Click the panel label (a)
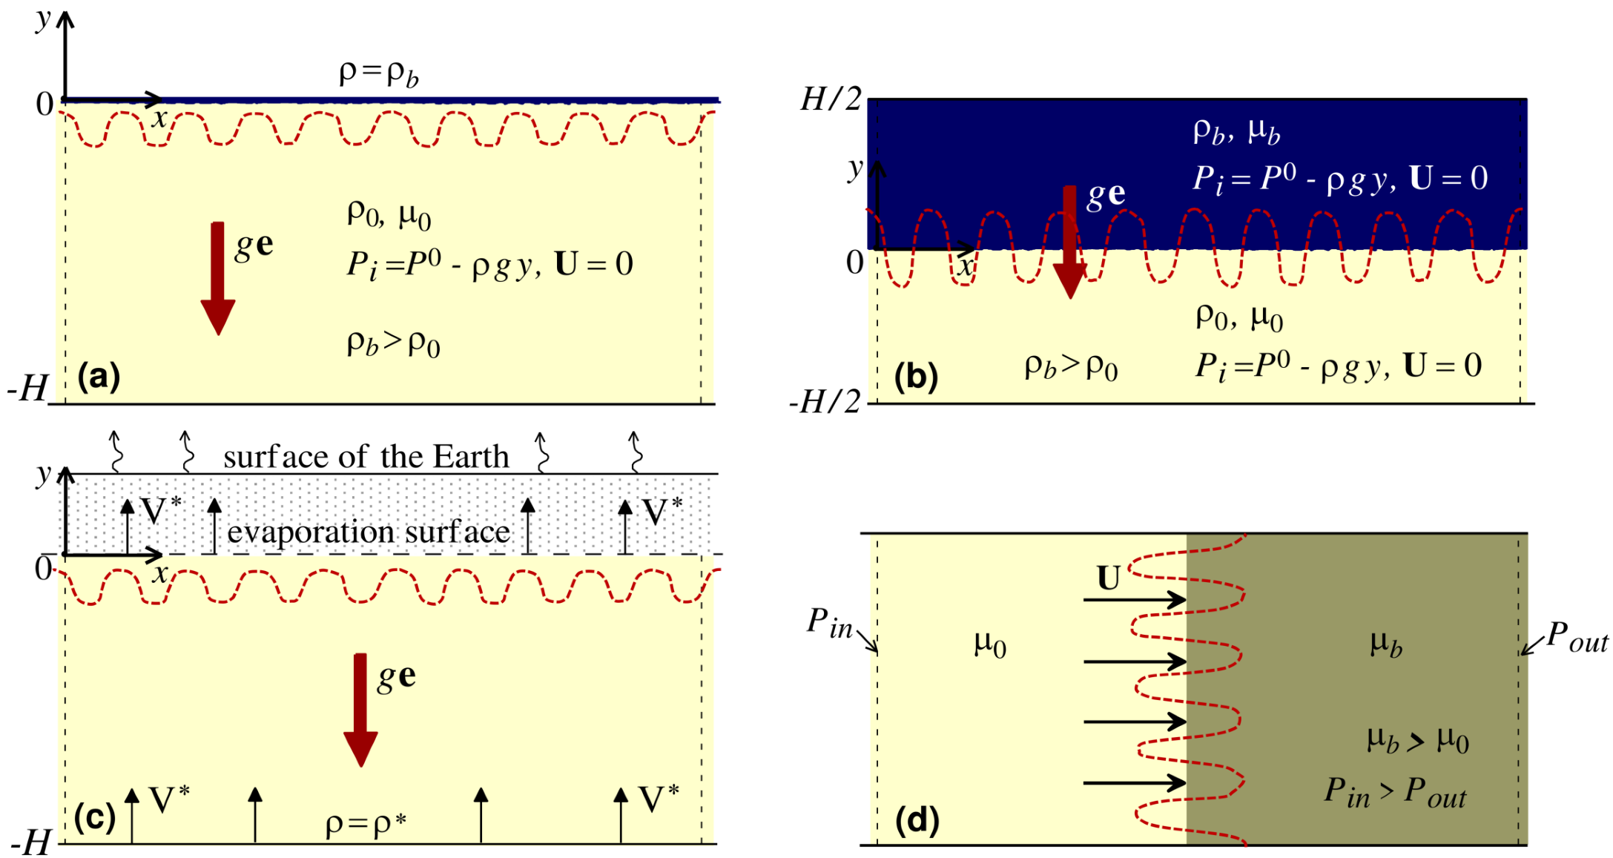pos(98,377)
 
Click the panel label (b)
pos(916,377)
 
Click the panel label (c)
pos(95,817)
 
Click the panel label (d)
pos(917,819)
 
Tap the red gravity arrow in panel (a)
pos(217,278)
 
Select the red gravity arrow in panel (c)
pos(360,710)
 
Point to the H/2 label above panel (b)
pos(831,99)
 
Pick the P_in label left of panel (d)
pos(829,623)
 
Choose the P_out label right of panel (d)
pos(1577,637)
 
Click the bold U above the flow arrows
pos(1108,578)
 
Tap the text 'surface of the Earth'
pos(366,457)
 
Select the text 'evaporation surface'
pos(369,532)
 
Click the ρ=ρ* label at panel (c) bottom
pos(366,823)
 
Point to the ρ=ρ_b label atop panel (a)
pos(378,73)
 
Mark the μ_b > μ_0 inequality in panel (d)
pos(1417,740)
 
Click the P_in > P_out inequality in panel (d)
pos(1395,793)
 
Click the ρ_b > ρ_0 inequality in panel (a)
pos(393,343)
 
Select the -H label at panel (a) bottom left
pos(27,388)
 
